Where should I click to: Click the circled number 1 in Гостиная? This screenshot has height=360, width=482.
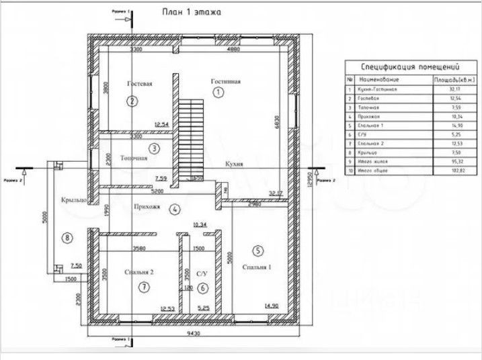(x=217, y=93)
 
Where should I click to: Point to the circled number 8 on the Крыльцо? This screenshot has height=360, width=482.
(x=67, y=236)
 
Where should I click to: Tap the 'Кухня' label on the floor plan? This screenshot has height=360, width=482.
(x=234, y=164)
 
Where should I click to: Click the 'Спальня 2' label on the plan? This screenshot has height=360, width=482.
(x=140, y=272)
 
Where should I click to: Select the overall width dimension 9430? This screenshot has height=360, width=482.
(x=196, y=332)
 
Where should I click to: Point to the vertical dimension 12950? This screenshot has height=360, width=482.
(x=307, y=180)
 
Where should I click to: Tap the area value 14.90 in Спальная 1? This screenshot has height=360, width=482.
(x=272, y=306)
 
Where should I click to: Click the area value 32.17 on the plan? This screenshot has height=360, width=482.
(x=276, y=193)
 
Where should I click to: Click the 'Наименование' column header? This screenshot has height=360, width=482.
(x=380, y=79)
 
